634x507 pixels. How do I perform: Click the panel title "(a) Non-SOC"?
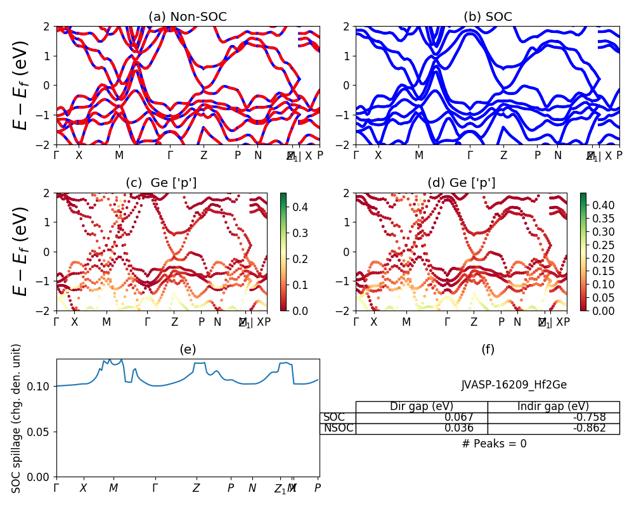coord(188,17)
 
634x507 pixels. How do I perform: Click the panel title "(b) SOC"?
coord(488,17)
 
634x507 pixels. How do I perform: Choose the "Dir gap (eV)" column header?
coord(421,407)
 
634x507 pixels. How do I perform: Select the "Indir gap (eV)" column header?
coord(553,407)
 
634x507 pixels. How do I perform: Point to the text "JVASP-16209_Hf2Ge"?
coord(514,385)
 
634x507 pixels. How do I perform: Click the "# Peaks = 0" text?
coord(494,444)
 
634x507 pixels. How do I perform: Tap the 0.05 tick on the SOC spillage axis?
coord(42,432)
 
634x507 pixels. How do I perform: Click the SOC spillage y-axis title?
coord(17,418)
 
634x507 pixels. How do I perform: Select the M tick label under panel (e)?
coord(113,488)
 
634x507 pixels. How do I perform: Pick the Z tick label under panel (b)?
coord(503,155)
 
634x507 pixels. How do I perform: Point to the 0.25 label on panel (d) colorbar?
coord(602,245)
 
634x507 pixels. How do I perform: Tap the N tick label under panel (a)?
coord(258,155)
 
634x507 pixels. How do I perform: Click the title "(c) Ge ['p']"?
coord(161,183)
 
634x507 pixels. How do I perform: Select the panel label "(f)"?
coord(488,349)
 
